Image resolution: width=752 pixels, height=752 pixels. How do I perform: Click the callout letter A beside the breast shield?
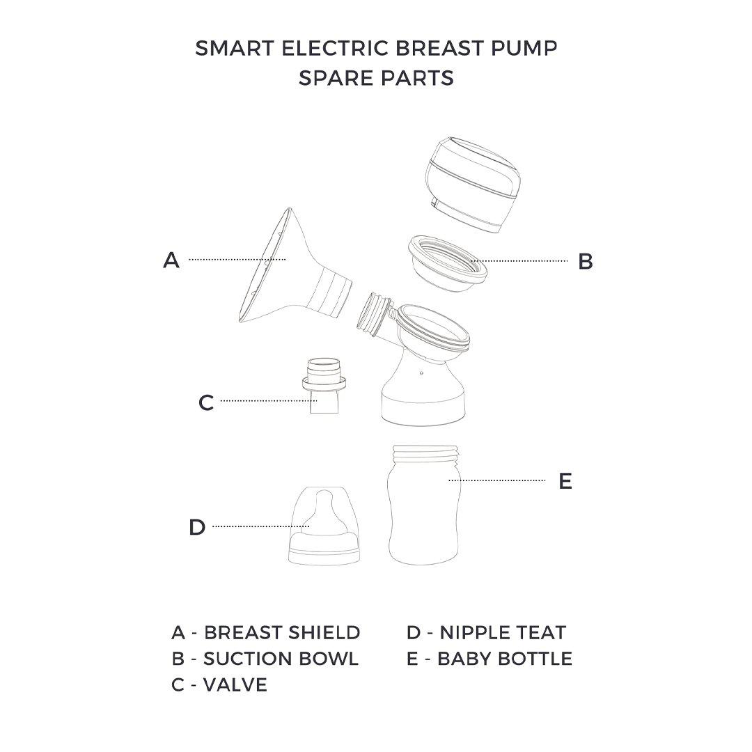click(x=171, y=260)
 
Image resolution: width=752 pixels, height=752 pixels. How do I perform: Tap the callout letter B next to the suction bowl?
click(x=586, y=262)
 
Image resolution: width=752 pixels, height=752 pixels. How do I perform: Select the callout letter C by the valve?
click(x=206, y=402)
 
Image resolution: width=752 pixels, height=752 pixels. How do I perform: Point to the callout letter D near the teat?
click(x=197, y=528)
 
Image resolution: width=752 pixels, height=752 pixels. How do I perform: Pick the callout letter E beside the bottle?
click(x=565, y=481)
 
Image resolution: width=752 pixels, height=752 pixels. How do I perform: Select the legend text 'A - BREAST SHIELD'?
click(x=266, y=632)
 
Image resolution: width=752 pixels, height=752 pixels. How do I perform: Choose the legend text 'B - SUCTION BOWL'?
click(x=265, y=659)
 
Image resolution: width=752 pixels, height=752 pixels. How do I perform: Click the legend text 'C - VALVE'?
click(x=219, y=685)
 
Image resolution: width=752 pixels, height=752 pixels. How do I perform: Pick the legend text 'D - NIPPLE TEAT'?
click(x=486, y=632)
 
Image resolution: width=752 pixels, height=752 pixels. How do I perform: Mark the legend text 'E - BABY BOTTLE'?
click(x=489, y=659)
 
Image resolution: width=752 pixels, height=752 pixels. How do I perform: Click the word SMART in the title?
click(x=227, y=48)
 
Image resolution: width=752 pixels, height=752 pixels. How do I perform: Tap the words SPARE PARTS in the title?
click(x=376, y=78)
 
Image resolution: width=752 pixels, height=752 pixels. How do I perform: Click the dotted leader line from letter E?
click(x=497, y=480)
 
